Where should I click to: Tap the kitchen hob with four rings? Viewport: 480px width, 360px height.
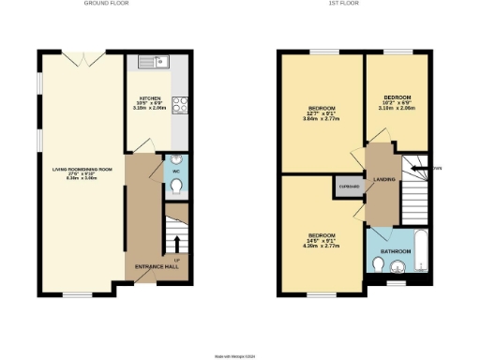pyautogui.click(x=181, y=106)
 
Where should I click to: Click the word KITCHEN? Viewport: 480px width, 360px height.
pyautogui.click(x=151, y=97)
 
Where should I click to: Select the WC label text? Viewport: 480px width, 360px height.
pyautogui.click(x=175, y=172)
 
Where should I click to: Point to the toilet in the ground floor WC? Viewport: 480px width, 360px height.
pyautogui.click(x=178, y=187)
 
